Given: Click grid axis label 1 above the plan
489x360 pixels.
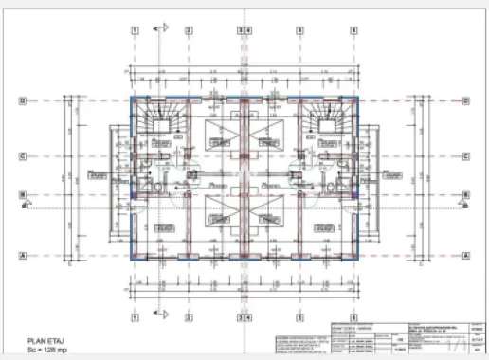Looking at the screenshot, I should point(136,30).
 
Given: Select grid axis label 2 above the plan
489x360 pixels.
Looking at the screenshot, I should point(189,30).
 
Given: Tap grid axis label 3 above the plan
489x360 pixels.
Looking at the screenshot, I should point(241,30).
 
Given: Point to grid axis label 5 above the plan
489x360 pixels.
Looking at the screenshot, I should point(300,30).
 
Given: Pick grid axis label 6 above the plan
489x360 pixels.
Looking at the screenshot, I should point(353,30).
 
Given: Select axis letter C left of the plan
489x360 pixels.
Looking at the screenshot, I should point(23,156).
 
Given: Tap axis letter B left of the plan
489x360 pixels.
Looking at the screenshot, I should point(23,198).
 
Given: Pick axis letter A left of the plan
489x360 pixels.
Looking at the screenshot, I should point(23,255).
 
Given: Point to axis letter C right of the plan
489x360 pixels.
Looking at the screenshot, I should point(465,156).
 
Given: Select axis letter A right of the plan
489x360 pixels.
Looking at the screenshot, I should point(465,255).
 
